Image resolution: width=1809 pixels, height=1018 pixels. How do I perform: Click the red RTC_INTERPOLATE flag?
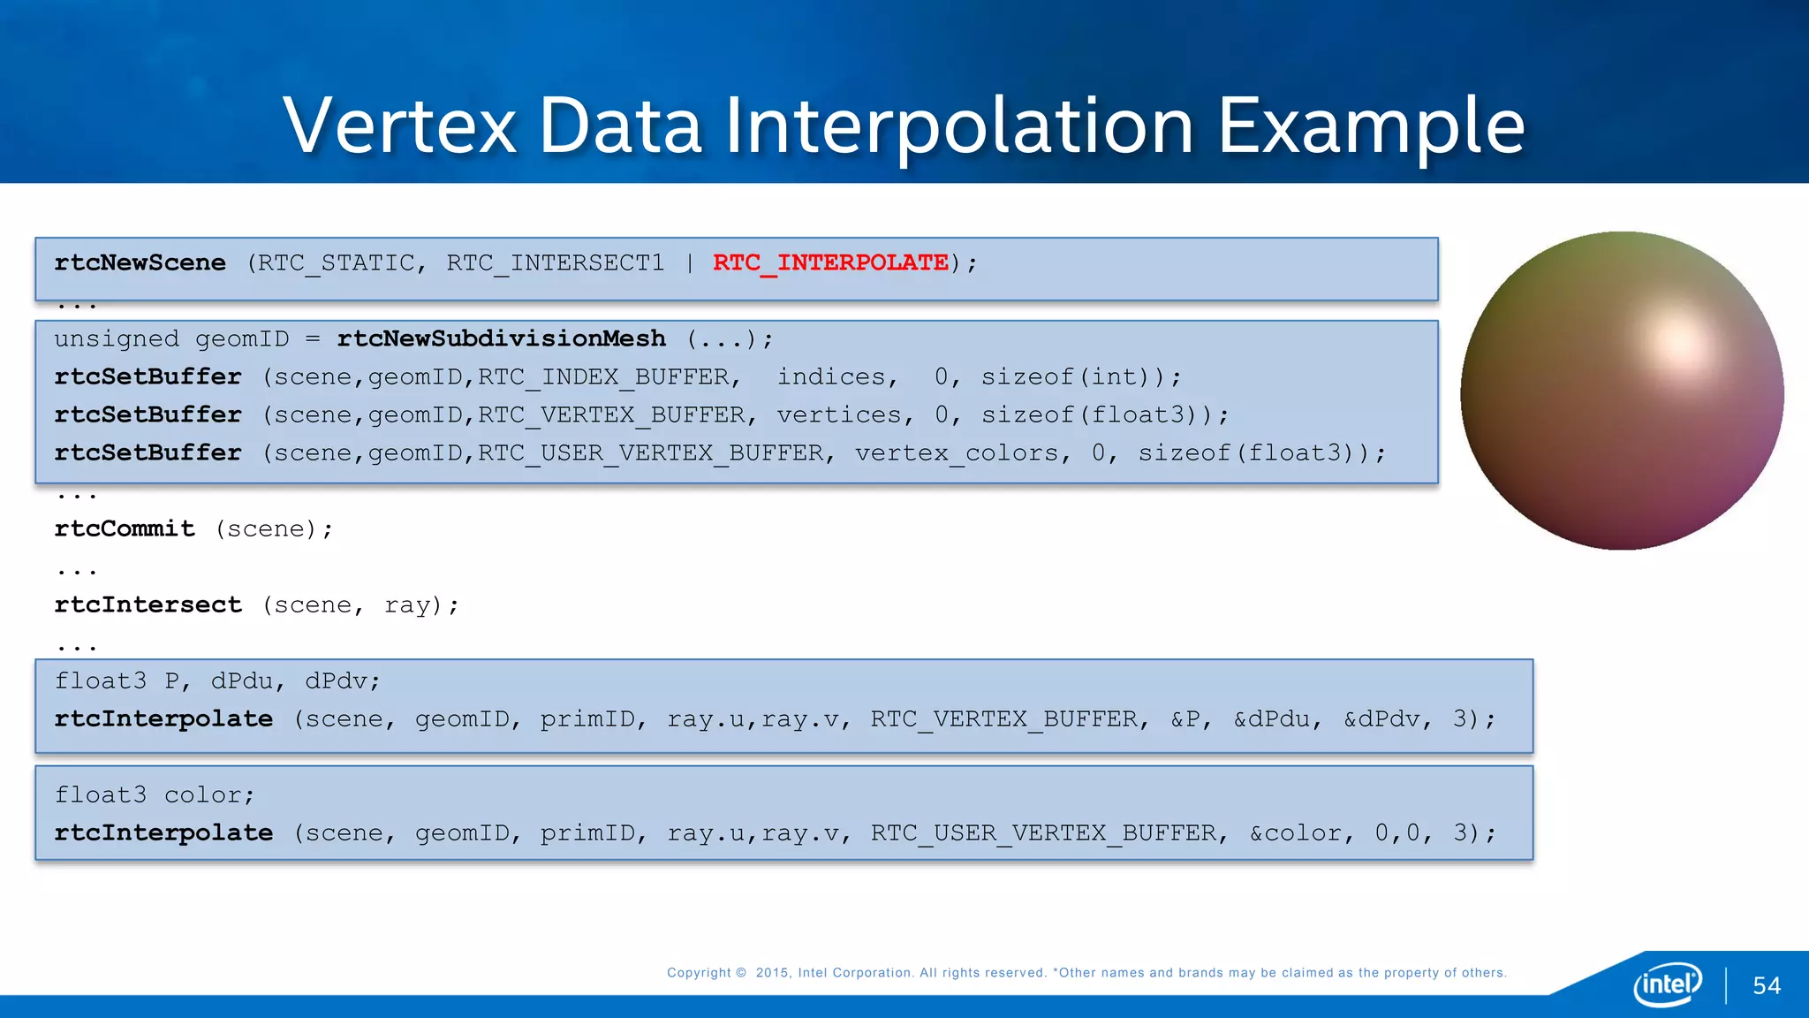coord(829,262)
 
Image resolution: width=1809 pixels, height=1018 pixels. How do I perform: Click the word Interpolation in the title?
coord(959,126)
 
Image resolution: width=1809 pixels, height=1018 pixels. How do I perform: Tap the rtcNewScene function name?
coord(140,262)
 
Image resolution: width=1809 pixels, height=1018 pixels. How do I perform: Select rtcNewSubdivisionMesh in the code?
coord(501,338)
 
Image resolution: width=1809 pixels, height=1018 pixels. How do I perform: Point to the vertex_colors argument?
coord(957,452)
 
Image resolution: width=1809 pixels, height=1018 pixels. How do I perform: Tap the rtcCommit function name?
coord(125,528)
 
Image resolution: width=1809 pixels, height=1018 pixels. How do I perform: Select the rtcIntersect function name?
coord(148,604)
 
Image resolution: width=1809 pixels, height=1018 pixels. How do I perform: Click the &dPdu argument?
coord(1272,718)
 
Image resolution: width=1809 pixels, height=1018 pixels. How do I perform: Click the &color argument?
coord(1295,832)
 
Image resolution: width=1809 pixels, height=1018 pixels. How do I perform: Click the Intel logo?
coord(1668,984)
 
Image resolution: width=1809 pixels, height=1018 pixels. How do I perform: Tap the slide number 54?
coord(1767,986)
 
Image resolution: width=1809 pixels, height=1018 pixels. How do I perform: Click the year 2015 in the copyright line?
coord(772,973)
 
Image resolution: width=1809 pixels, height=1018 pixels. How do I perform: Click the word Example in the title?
coord(1371,126)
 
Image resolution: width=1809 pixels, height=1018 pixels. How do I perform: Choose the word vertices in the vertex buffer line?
coord(839,414)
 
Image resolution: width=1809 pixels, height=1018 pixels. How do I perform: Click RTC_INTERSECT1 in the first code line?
coord(555,262)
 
